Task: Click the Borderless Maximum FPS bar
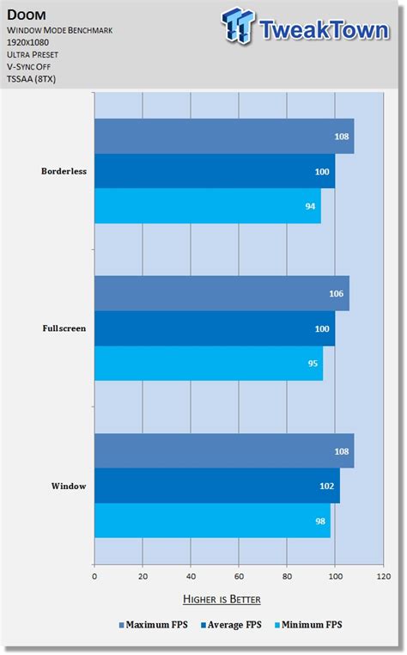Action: [223, 137]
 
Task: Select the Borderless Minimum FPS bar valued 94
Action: [207, 205]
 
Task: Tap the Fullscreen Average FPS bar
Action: [214, 328]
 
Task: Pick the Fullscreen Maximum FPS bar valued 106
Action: [221, 294]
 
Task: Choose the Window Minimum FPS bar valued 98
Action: [212, 520]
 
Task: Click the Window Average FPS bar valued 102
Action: [216, 486]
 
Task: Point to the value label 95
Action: [311, 364]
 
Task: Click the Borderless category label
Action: [64, 171]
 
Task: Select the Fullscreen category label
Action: [64, 328]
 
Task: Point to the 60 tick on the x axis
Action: [239, 577]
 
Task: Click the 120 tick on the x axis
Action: [383, 577]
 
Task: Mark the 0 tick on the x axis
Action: [94, 577]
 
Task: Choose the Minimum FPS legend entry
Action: [310, 625]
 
